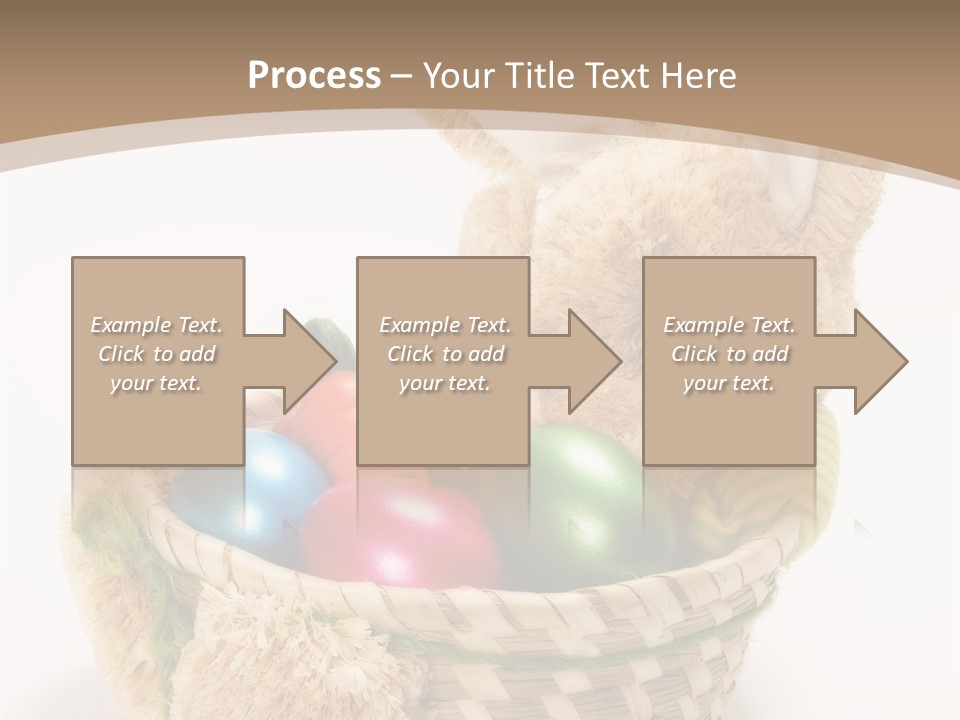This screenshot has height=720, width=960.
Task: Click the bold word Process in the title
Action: [x=314, y=75]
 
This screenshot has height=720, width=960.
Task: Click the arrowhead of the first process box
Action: [x=306, y=361]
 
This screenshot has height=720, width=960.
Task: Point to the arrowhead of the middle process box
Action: [x=591, y=361]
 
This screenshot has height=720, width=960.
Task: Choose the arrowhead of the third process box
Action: [x=877, y=361]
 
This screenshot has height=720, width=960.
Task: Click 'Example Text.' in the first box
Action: [x=157, y=325]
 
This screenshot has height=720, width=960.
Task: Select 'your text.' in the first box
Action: [x=157, y=383]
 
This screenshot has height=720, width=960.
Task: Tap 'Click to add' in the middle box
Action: [x=445, y=354]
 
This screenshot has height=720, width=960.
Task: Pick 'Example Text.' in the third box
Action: [x=729, y=325]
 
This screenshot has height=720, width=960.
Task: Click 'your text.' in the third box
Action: [x=729, y=383]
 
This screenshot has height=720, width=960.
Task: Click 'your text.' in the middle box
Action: [x=445, y=383]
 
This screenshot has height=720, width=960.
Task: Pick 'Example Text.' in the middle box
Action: [x=445, y=325]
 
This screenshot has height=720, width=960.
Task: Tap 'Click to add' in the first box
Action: [x=157, y=354]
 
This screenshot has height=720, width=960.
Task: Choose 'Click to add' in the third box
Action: [x=729, y=354]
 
